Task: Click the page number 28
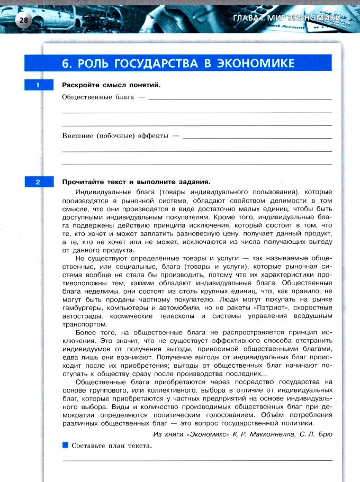pos(24,21)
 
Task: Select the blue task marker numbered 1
pos(38,85)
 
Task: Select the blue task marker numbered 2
pos(38,183)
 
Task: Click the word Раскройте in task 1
pos(80,85)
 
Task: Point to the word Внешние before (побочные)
pos(77,136)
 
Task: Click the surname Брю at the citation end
pos(324,434)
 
